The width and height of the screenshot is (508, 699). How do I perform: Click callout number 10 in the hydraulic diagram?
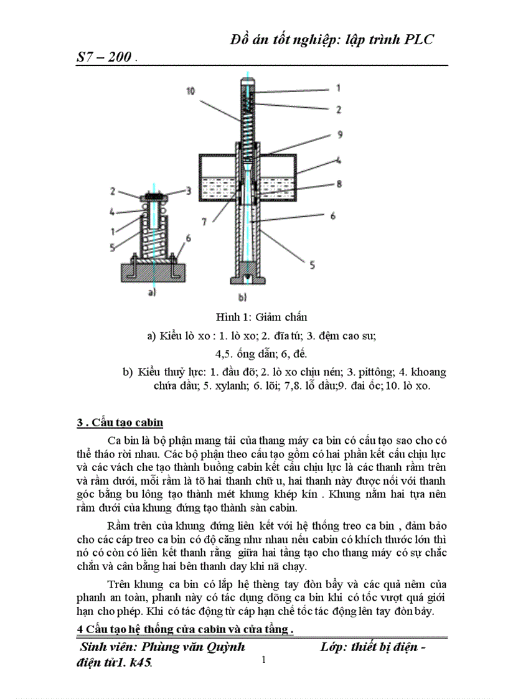[190, 91]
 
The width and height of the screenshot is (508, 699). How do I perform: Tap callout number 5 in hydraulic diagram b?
[313, 265]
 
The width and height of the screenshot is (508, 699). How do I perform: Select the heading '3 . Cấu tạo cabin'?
[120, 423]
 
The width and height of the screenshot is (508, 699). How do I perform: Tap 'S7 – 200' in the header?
[104, 57]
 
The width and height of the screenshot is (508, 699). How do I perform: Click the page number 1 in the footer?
[264, 660]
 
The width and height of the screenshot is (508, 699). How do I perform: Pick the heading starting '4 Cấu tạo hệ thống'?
[185, 629]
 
